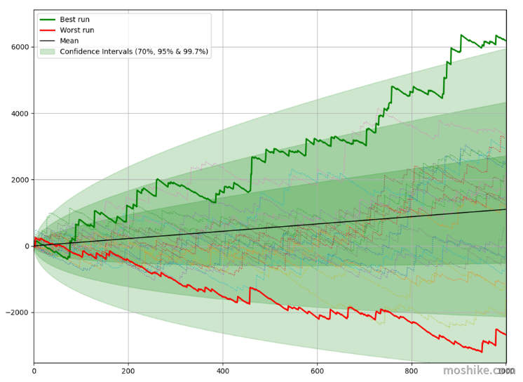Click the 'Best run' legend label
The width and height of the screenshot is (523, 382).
tap(74, 20)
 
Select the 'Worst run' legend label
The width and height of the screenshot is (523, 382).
tap(76, 30)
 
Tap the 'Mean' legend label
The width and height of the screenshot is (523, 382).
tap(69, 41)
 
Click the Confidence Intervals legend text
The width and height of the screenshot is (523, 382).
tap(134, 51)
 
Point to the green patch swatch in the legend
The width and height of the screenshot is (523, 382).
tap(48, 51)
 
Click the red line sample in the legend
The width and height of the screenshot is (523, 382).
tap(48, 30)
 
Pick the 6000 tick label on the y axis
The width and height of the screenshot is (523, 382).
tap(20, 47)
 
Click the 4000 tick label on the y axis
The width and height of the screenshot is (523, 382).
tap(20, 114)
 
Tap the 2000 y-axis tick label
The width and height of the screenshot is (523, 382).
tap(20, 180)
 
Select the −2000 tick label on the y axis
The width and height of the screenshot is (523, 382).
tap(18, 312)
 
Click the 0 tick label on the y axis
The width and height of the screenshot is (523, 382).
tap(27, 246)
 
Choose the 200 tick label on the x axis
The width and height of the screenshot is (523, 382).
tap(128, 371)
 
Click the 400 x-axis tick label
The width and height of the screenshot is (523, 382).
tap(222, 371)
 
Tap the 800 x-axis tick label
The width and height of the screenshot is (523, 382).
tap(412, 371)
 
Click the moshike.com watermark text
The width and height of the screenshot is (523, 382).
tap(479, 370)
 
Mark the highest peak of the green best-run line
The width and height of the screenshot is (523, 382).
tap(461, 34)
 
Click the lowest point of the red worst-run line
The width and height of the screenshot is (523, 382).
tap(482, 352)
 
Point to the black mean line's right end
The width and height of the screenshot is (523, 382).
tap(506, 209)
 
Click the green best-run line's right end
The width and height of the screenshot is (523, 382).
tap(506, 41)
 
